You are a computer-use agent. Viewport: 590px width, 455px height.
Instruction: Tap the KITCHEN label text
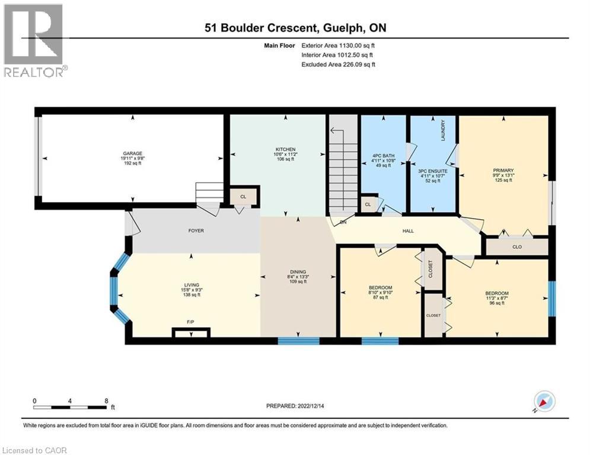click(285, 149)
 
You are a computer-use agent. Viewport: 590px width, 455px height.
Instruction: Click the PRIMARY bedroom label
click(502, 170)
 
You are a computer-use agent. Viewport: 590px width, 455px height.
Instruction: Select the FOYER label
click(196, 230)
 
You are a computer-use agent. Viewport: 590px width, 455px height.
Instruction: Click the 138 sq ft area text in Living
click(190, 294)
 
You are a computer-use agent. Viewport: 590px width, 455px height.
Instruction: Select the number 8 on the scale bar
click(106, 400)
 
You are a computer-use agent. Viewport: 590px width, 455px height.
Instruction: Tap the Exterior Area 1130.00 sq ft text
click(338, 45)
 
